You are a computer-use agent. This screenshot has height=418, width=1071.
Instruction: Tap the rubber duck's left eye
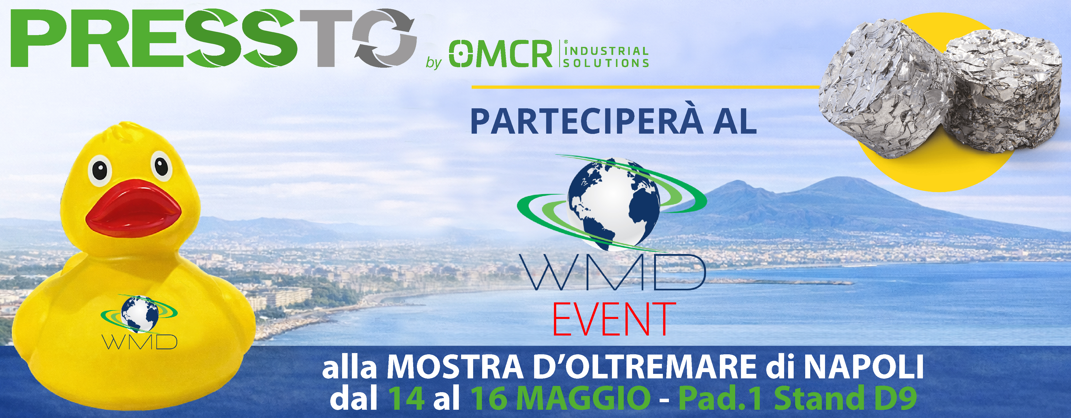tap(100, 170)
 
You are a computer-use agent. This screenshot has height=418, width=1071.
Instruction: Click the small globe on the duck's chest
tap(140, 314)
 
